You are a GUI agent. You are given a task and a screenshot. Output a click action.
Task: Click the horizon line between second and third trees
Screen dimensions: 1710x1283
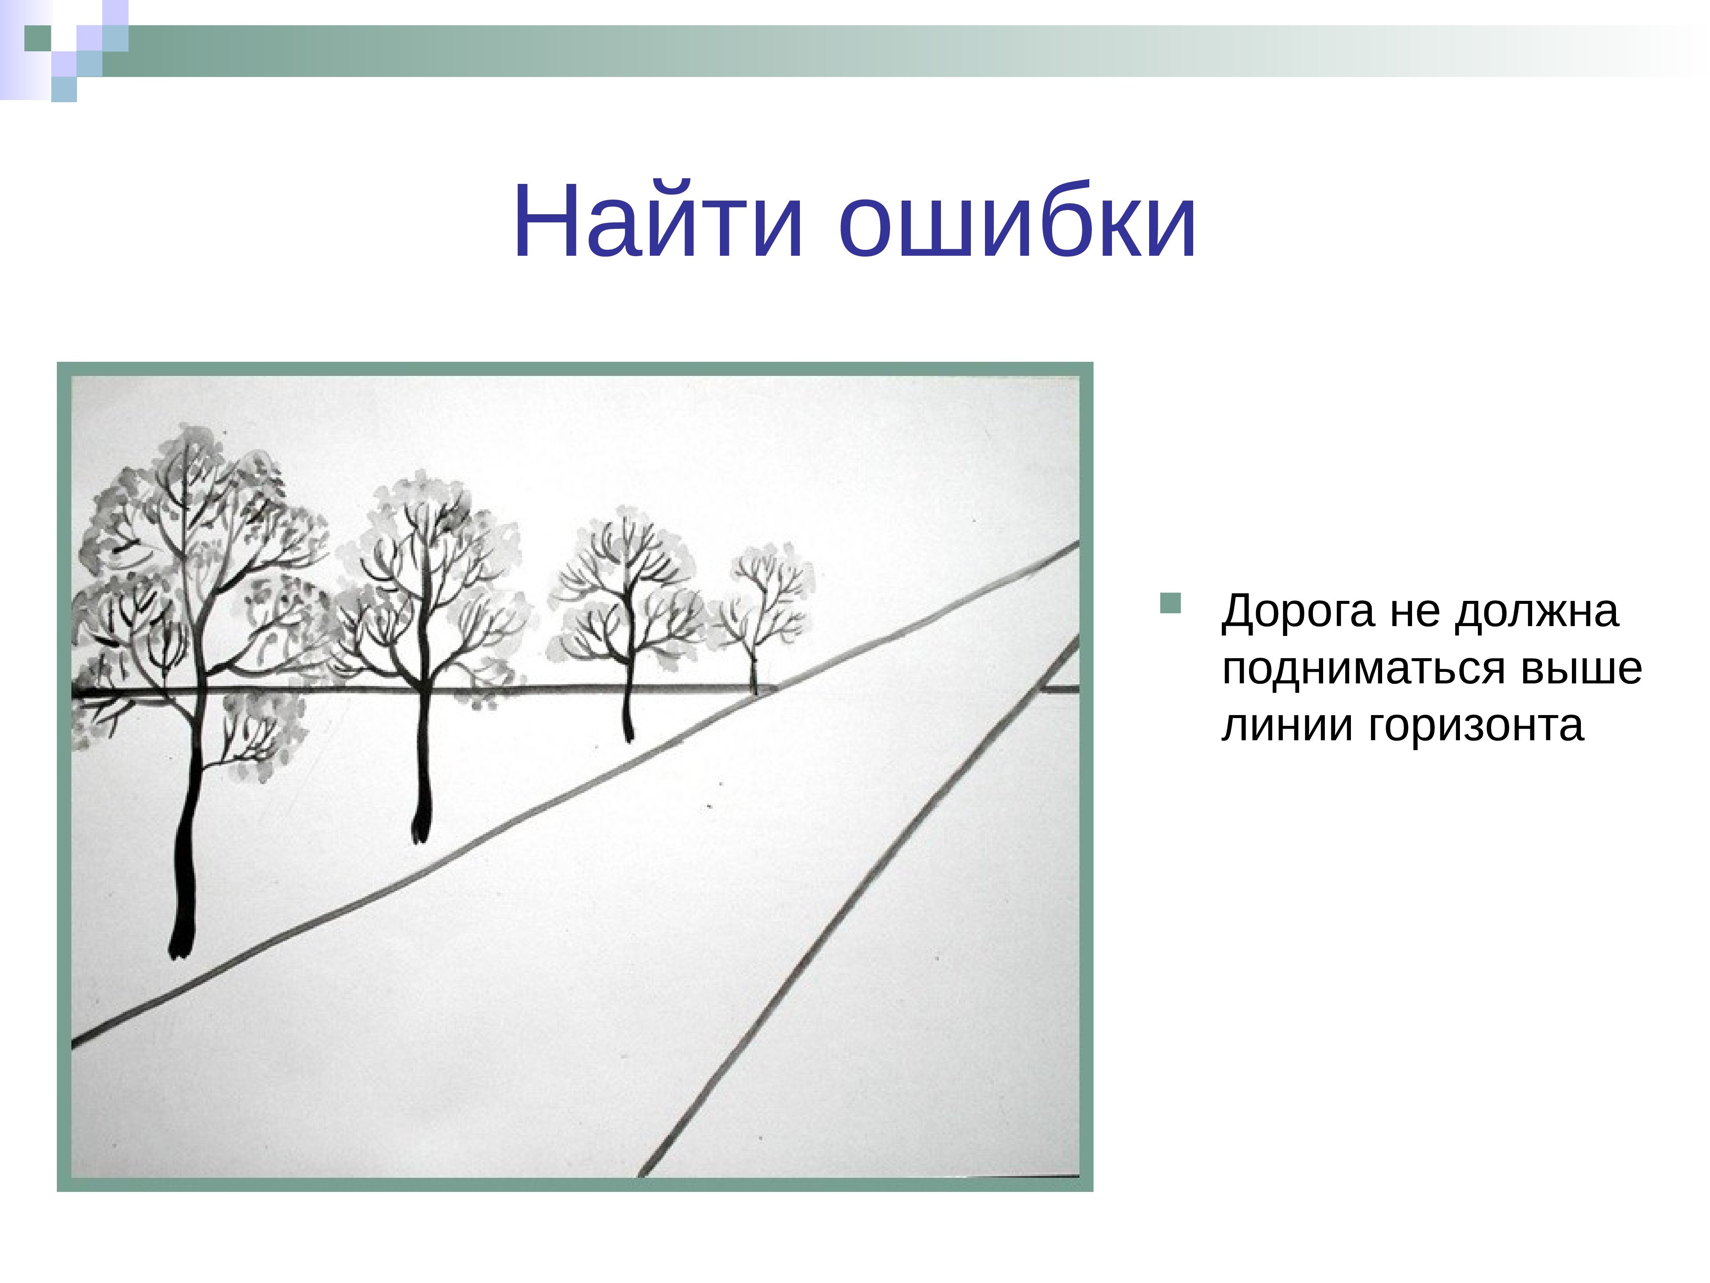tap(526, 688)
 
